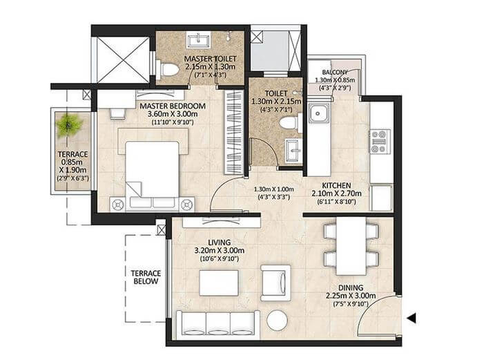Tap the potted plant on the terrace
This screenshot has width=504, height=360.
(x=68, y=124)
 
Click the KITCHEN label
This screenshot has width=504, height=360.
(x=338, y=186)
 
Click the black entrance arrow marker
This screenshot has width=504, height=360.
(x=412, y=319)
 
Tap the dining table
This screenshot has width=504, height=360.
(x=351, y=245)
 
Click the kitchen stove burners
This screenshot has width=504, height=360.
(x=380, y=141)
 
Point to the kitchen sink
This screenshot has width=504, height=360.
(x=319, y=113)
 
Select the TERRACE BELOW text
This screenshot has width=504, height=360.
(x=146, y=276)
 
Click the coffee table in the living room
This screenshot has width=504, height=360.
(x=218, y=283)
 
